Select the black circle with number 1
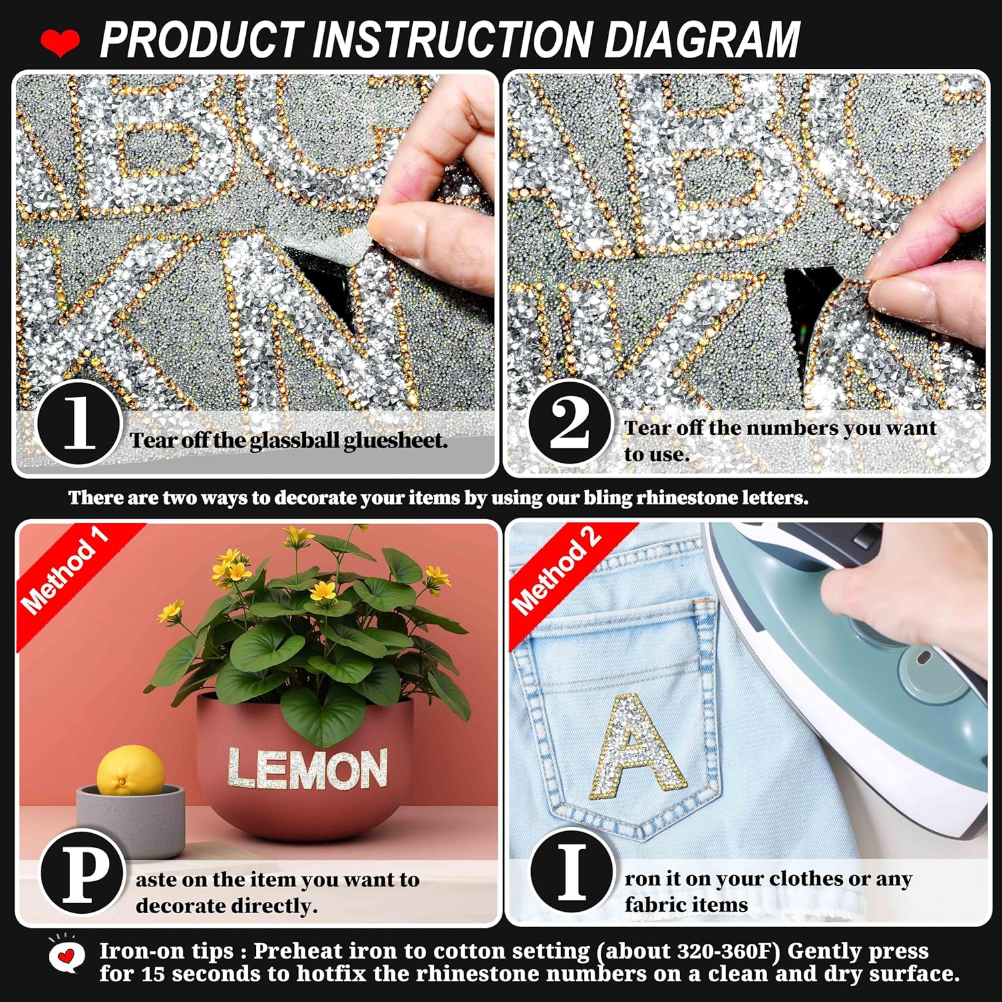click(x=79, y=424)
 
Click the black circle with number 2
click(x=570, y=424)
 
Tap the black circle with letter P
click(x=83, y=872)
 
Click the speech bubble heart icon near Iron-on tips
click(x=65, y=957)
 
